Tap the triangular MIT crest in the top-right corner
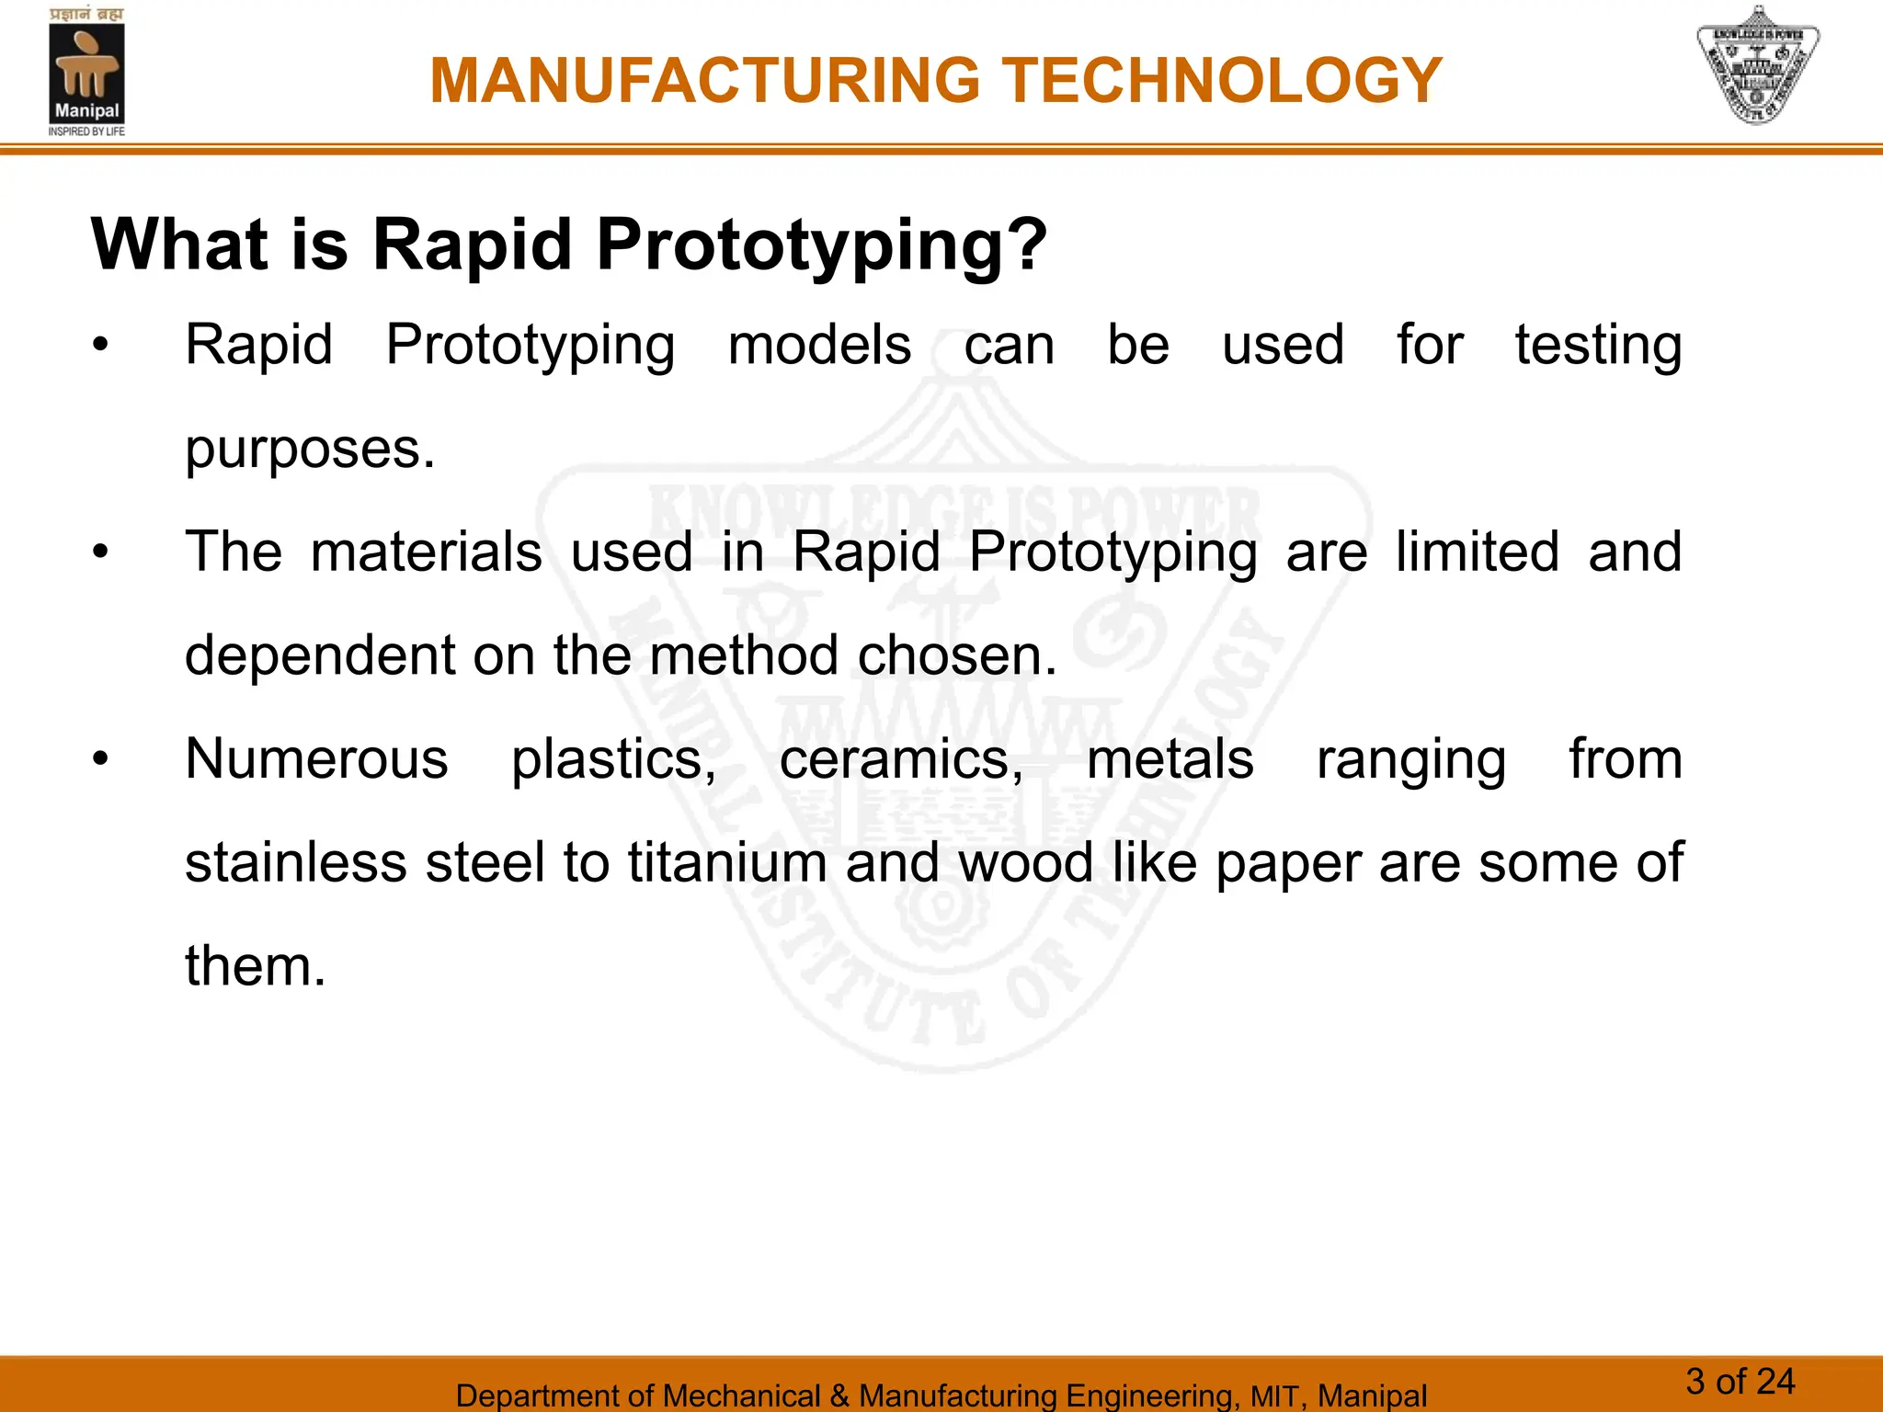click(1757, 66)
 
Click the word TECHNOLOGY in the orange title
click(1221, 81)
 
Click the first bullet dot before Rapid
click(100, 347)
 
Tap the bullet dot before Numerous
click(100, 760)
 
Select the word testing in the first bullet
click(1598, 347)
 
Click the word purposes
click(309, 450)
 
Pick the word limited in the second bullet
click(1477, 552)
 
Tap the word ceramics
click(901, 760)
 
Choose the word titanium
click(727, 863)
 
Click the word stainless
click(295, 863)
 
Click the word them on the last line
click(255, 967)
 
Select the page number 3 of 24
click(1740, 1381)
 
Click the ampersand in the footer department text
click(839, 1395)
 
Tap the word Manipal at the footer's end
click(1372, 1395)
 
